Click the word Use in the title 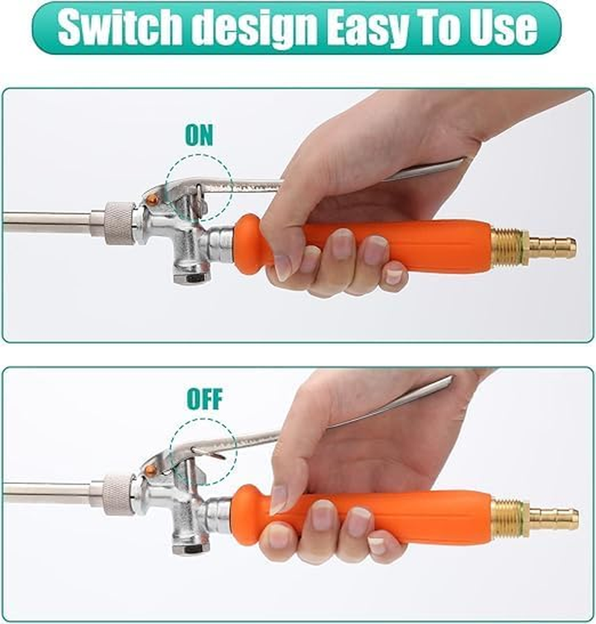click(x=502, y=28)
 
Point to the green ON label click(x=199, y=136)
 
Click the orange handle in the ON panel click(x=417, y=246)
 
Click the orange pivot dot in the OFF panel click(x=151, y=470)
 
